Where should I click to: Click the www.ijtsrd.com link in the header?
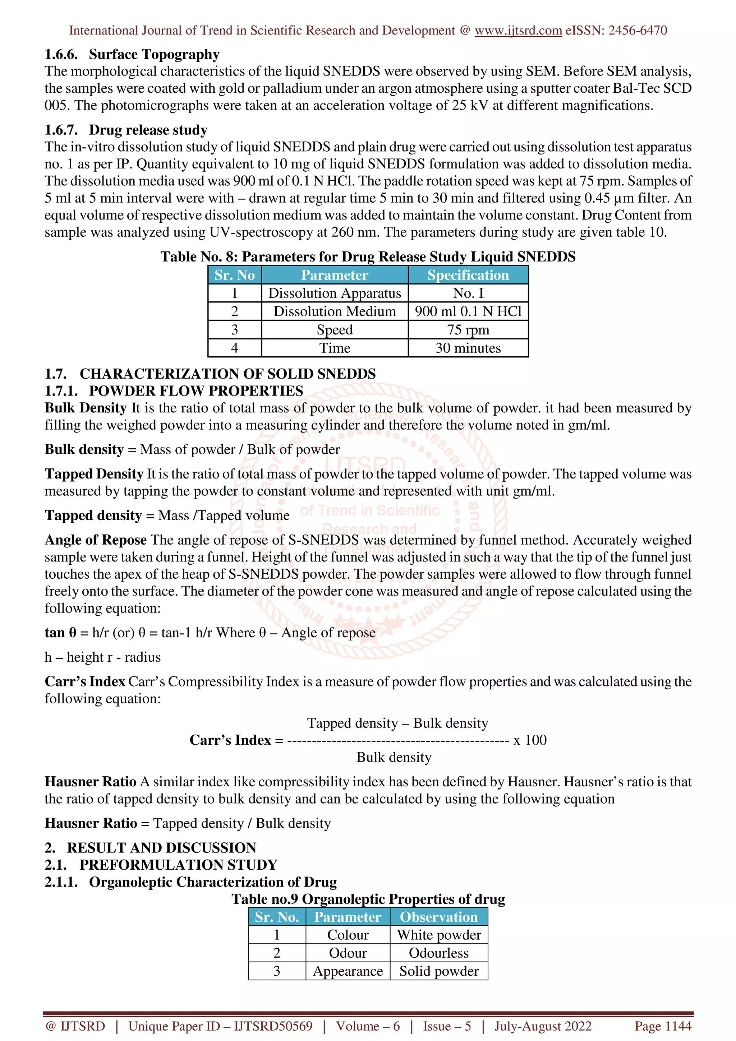tap(518, 31)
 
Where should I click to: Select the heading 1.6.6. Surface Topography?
tap(132, 54)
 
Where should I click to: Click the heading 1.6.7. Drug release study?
tap(126, 130)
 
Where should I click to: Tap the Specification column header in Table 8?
tap(468, 275)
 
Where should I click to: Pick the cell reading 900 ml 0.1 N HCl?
tap(468, 311)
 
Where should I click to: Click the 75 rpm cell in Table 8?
tap(468, 330)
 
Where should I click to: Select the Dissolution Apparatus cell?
tap(335, 293)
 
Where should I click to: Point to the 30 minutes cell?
tap(468, 348)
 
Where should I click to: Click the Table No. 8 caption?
tap(368, 256)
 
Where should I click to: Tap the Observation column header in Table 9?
tap(438, 917)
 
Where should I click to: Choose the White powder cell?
tap(438, 935)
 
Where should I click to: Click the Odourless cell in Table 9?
tap(438, 953)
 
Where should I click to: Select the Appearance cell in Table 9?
tap(348, 971)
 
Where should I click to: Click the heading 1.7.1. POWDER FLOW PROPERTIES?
tap(174, 391)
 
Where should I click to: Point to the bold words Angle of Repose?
tap(96, 540)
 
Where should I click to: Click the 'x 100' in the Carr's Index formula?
tap(530, 740)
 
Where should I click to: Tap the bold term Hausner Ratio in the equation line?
tap(91, 823)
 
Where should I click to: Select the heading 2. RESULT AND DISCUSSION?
tap(151, 848)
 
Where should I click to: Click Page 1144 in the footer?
tap(663, 1026)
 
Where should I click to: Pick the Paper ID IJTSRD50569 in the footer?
tap(220, 1026)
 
